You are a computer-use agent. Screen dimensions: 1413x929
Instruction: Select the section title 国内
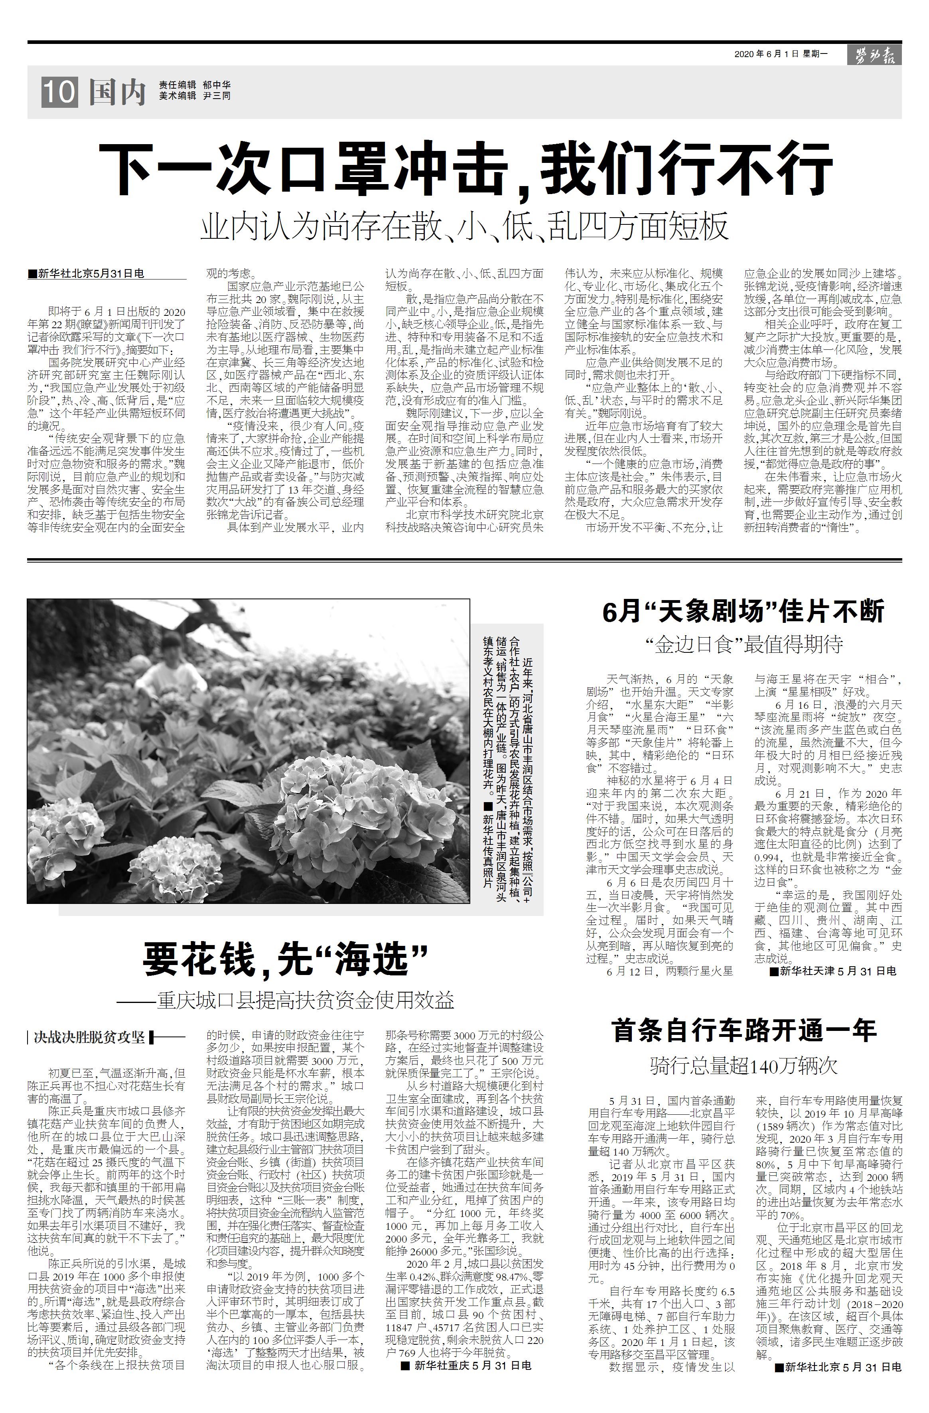(x=117, y=93)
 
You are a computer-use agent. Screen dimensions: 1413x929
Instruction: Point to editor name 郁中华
(x=217, y=85)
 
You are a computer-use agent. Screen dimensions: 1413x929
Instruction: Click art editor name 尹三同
(x=217, y=95)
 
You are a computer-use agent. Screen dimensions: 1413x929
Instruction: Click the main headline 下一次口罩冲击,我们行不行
(x=465, y=168)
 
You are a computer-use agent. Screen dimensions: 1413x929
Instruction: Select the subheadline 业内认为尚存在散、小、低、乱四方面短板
(x=464, y=227)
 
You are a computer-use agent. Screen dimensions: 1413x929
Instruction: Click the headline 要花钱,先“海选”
(x=285, y=961)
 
